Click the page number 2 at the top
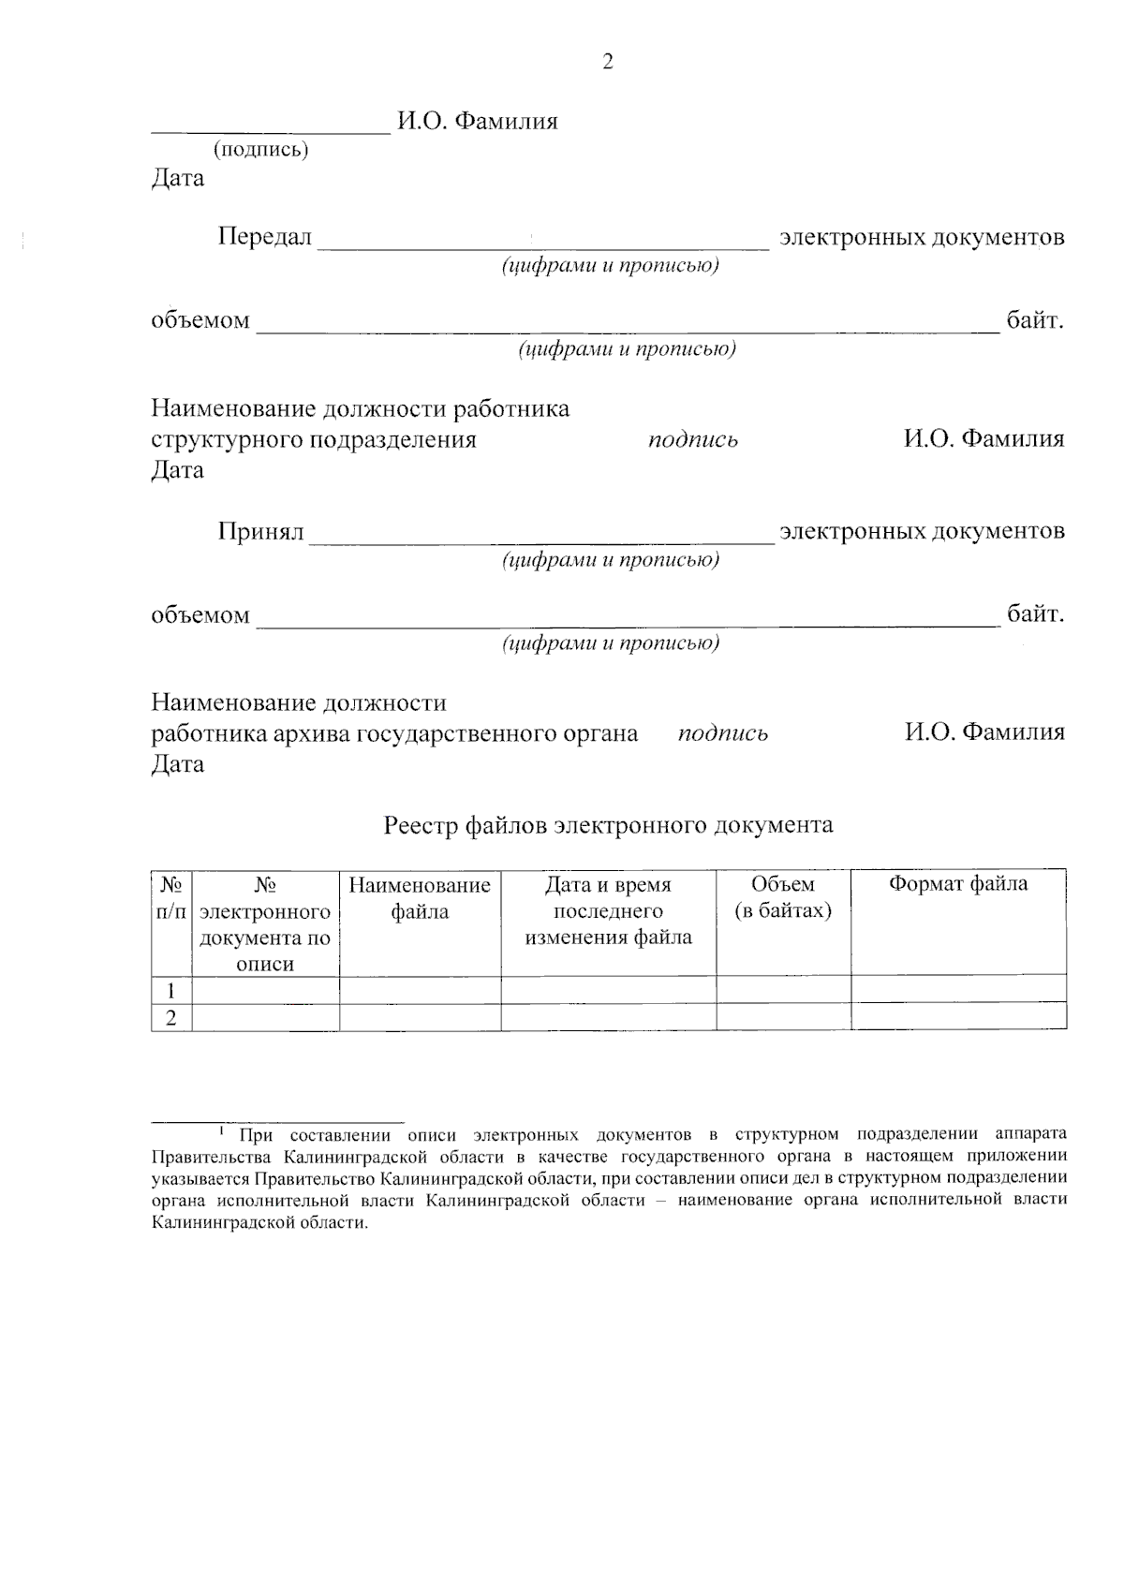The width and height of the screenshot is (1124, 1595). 607,63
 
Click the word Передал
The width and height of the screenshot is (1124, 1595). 264,237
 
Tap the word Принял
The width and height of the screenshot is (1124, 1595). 260,532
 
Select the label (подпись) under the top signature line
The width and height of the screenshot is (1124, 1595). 260,149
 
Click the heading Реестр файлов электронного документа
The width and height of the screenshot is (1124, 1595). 608,825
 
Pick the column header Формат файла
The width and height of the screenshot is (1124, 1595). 957,884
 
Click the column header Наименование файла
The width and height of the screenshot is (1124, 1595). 420,898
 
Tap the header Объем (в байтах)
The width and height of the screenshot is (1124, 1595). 783,898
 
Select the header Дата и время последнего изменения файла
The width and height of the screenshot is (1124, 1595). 608,910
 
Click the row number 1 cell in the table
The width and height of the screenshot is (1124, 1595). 171,990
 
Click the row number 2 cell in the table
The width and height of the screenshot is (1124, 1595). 171,1018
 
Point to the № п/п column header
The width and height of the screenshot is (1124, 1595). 171,898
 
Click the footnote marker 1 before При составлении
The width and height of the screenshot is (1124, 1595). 221,1131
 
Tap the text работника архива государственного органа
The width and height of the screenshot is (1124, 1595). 394,733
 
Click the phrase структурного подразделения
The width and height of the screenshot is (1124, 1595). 314,439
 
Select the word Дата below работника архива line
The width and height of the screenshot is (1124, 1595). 178,763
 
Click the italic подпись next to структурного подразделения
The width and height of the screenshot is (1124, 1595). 693,440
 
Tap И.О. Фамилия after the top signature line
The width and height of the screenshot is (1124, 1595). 477,121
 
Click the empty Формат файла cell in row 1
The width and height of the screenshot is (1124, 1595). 957,989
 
